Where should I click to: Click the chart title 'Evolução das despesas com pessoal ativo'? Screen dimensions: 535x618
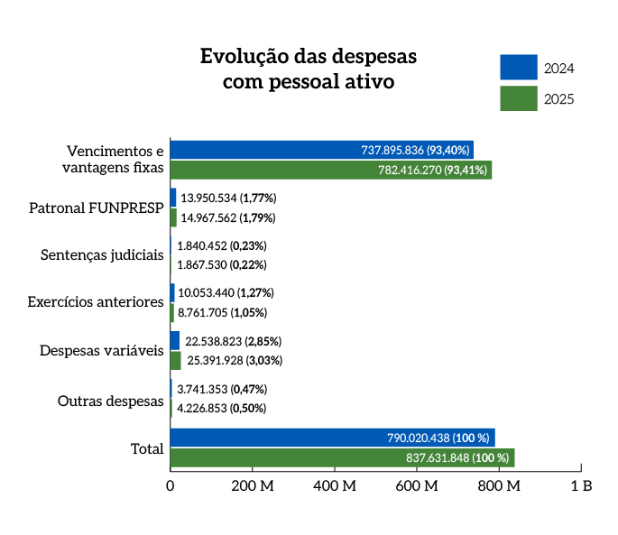click(309, 69)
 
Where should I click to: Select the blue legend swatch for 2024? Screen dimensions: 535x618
click(519, 68)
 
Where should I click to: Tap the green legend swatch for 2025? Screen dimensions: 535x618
click(519, 98)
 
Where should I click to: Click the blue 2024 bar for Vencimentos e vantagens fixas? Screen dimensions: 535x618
click(321, 150)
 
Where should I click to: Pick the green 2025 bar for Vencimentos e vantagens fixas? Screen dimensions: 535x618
click(330, 170)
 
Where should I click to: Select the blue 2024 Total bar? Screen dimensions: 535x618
click(332, 438)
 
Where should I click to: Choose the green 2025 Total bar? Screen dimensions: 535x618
click(342, 457)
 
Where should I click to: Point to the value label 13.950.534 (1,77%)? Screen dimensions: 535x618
click(228, 198)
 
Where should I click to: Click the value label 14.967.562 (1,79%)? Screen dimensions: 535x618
click(228, 217)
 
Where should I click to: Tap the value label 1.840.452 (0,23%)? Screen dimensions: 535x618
click(222, 245)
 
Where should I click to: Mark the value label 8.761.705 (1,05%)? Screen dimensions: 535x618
click(223, 313)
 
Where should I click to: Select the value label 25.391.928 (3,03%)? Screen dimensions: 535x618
click(235, 361)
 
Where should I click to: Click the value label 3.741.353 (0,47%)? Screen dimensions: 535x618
click(222, 389)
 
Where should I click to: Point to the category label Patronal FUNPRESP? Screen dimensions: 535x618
click(96, 208)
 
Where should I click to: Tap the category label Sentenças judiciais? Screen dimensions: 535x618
click(102, 255)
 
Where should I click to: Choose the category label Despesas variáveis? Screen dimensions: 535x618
click(101, 351)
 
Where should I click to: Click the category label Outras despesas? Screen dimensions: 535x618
click(110, 400)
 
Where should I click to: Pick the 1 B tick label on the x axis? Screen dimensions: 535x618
click(581, 485)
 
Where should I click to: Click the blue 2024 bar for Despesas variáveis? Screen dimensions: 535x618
click(175, 341)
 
